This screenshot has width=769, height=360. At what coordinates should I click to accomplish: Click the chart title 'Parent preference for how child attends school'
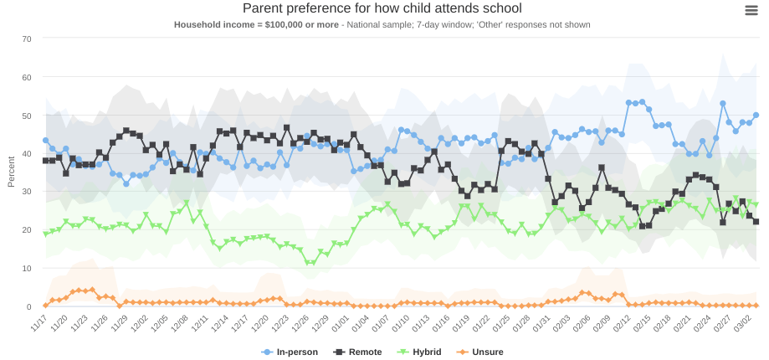tap(382, 8)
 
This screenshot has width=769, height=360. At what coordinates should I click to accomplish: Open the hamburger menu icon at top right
tap(751, 10)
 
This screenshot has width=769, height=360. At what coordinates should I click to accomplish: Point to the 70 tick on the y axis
tap(27, 39)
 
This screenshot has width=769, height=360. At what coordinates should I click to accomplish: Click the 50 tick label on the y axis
tap(27, 116)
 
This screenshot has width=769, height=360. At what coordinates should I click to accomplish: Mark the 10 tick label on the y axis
tap(27, 269)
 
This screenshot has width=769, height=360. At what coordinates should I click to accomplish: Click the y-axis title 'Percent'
tap(11, 171)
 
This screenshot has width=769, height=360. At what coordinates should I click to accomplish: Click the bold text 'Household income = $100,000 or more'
tap(255, 25)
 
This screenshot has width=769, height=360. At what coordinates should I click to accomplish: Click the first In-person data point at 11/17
tap(45, 141)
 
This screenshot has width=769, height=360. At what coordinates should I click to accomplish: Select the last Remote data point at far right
tap(756, 222)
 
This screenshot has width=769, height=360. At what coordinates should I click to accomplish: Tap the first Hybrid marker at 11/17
tap(45, 234)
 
